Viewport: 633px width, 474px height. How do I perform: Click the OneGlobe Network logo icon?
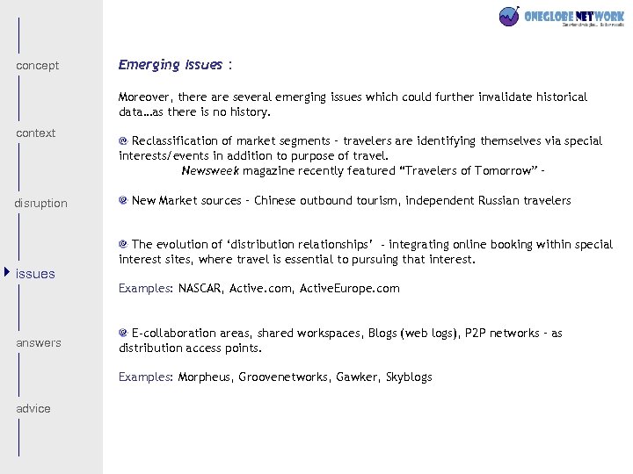[x=509, y=17]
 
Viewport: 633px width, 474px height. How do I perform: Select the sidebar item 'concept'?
[x=38, y=66]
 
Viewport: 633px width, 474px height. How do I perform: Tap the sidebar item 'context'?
[x=36, y=133]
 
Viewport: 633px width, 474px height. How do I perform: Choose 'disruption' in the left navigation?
[x=40, y=204]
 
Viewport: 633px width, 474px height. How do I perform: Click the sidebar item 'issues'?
[x=36, y=274]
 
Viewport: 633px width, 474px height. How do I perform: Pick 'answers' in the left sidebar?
[x=39, y=343]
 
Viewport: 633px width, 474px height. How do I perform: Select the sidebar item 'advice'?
[x=33, y=409]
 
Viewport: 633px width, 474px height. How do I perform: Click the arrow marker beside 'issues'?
[x=8, y=273]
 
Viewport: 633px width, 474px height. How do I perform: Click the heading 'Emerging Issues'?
[x=171, y=65]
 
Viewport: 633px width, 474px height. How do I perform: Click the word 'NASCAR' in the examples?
[x=200, y=288]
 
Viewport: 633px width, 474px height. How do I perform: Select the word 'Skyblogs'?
[x=409, y=377]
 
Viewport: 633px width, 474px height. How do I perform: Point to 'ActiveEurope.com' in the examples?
[x=350, y=288]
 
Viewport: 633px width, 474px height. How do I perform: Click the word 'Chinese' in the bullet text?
[x=277, y=201]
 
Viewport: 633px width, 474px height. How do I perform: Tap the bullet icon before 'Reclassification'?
[x=124, y=140]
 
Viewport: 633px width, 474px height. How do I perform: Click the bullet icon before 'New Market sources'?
[x=124, y=201]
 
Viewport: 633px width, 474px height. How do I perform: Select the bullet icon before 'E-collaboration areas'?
[x=124, y=333]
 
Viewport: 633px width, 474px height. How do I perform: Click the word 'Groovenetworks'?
[x=284, y=377]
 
